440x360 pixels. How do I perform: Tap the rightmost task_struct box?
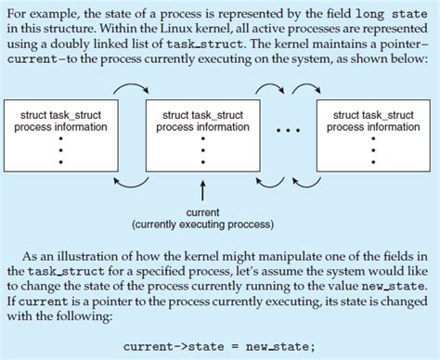[x=370, y=135]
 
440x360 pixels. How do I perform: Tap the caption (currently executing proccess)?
[x=202, y=225]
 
